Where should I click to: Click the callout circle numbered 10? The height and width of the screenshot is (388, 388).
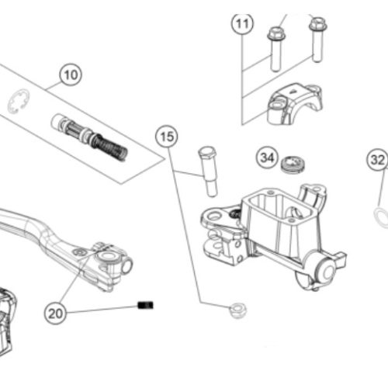(x=71, y=75)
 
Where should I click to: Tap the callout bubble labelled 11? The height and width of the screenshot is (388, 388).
(x=242, y=24)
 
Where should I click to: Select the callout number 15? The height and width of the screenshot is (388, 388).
(x=167, y=137)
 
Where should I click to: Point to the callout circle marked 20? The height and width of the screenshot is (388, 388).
(x=55, y=314)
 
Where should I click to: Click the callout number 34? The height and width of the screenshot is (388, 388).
(x=267, y=158)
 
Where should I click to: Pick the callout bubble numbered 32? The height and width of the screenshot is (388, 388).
(x=377, y=160)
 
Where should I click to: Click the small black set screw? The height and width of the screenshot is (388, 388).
(x=145, y=305)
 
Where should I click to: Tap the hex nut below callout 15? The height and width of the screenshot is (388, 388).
(x=238, y=310)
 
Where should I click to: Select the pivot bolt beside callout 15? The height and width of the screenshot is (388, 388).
(x=208, y=171)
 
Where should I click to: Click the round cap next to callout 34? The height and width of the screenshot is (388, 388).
(x=293, y=165)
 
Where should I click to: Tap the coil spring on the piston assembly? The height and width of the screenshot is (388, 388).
(x=110, y=147)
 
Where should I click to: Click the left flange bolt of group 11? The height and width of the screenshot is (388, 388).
(x=276, y=49)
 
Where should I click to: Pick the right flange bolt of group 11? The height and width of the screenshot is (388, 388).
(x=318, y=40)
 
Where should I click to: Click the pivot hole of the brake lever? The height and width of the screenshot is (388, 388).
(x=107, y=256)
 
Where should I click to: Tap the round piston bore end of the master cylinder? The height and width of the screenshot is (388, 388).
(x=327, y=271)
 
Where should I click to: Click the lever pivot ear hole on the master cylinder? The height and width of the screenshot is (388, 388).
(x=214, y=216)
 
